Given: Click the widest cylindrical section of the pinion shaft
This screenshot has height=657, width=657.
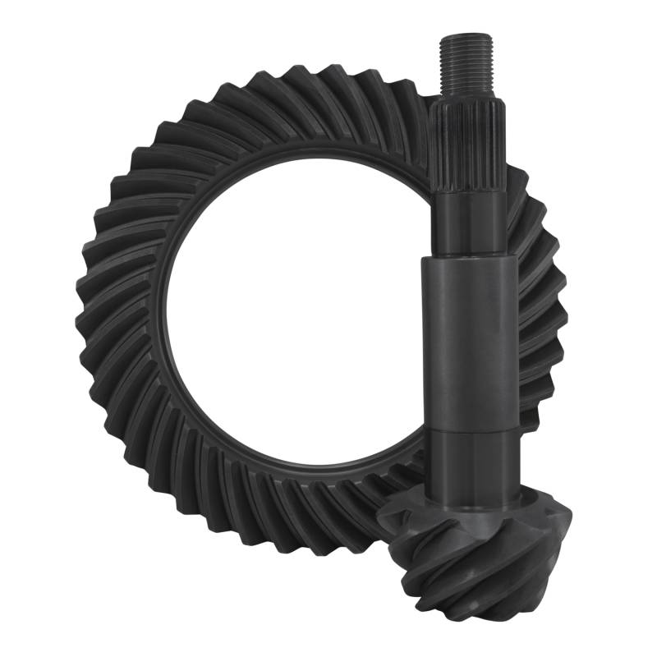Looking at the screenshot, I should [466, 345].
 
